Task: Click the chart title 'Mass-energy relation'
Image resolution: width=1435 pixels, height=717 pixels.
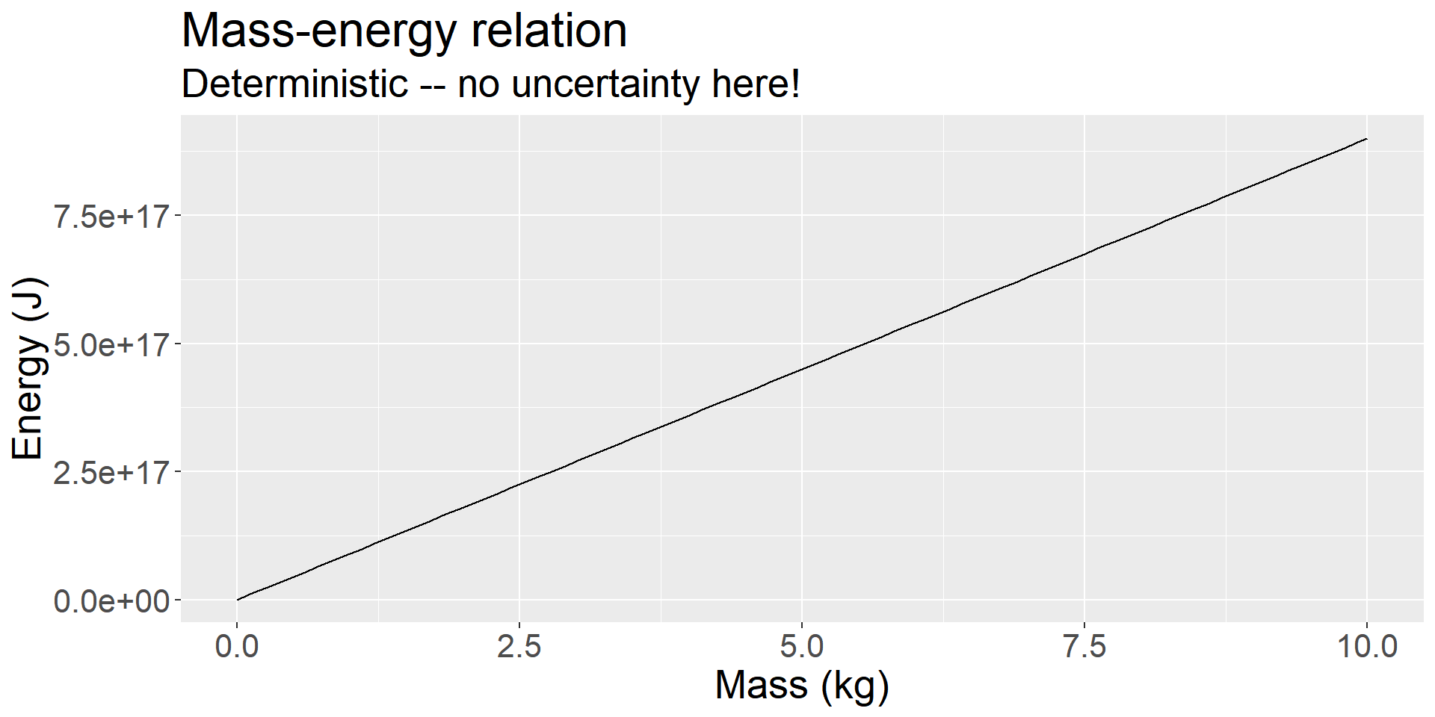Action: pos(404,31)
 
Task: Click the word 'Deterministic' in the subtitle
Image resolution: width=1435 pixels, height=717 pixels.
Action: pos(294,84)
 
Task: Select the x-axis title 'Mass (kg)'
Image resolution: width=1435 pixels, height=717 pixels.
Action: pos(801,685)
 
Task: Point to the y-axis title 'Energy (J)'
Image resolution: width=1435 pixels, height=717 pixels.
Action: pos(28,368)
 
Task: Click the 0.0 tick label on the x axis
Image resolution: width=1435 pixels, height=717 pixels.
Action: pos(237,646)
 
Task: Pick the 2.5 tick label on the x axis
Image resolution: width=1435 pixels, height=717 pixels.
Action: pos(519,646)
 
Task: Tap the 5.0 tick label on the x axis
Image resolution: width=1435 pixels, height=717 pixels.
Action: pos(801,646)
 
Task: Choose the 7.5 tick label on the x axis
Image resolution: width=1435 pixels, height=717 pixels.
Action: pos(1084,646)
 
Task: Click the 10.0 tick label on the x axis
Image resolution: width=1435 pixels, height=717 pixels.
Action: pos(1366,646)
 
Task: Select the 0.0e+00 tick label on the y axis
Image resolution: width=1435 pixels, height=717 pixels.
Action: pos(111,600)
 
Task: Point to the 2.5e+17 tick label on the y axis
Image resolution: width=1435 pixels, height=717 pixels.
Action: pos(111,472)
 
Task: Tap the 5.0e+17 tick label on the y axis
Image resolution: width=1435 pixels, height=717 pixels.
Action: pos(111,344)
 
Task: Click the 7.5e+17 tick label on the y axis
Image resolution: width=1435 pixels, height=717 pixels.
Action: pos(111,216)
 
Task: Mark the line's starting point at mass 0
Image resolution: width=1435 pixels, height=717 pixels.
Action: pos(238,600)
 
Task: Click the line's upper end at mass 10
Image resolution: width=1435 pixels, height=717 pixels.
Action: pos(1366,139)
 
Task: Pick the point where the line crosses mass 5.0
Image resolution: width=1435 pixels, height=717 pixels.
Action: pos(802,369)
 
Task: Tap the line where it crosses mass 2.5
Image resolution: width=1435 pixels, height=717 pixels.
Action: pos(519,485)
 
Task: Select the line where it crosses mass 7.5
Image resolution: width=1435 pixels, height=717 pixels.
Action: pos(1084,254)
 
